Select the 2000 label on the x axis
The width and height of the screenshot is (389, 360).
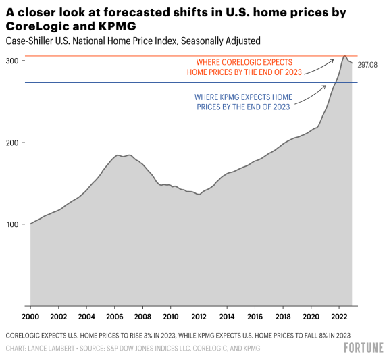[30, 316]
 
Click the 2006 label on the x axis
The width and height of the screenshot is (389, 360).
[115, 316]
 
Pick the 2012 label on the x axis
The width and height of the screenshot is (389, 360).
[199, 316]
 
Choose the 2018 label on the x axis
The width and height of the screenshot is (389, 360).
[283, 316]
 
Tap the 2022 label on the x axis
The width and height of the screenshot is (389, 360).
[339, 316]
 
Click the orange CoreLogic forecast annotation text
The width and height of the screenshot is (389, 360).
[244, 67]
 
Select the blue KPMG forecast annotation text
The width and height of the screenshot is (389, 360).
[243, 101]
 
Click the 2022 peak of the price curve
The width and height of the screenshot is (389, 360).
[345, 56]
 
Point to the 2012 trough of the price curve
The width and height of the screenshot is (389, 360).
[199, 194]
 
